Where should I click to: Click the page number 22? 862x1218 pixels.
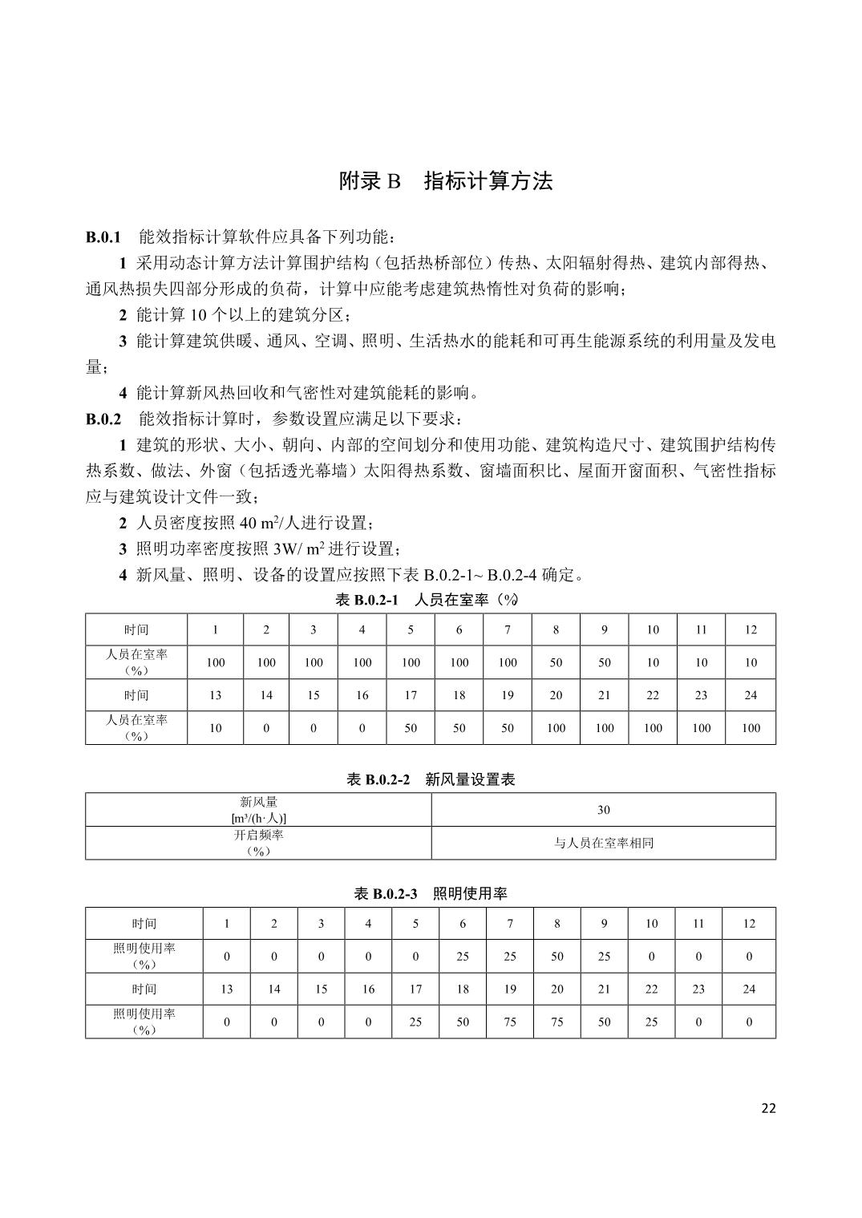tap(768, 1108)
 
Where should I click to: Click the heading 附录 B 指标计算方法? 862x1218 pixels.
tap(446, 181)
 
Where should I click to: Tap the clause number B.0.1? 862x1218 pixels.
tap(103, 237)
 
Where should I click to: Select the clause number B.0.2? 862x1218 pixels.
tap(103, 419)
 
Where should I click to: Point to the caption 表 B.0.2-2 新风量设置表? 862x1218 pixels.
tap(431, 779)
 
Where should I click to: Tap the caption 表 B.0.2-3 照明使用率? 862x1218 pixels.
tap(431, 893)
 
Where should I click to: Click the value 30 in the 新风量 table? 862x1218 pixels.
tap(603, 810)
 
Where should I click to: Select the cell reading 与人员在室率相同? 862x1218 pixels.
tap(603, 844)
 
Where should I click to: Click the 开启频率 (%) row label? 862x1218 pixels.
tap(258, 843)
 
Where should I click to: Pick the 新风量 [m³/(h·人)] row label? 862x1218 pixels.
tap(258, 810)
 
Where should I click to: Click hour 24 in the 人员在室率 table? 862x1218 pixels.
tap(751, 695)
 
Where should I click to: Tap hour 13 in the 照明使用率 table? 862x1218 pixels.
tap(227, 989)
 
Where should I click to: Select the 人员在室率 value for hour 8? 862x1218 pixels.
tap(556, 663)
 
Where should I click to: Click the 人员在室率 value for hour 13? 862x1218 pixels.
tap(216, 728)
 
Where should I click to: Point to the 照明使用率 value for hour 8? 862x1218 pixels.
tap(556, 957)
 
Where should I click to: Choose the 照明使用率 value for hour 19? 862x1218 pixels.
tap(510, 1022)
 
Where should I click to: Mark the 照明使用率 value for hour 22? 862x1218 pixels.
tap(651, 1022)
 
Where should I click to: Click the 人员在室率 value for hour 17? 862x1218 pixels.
tap(411, 728)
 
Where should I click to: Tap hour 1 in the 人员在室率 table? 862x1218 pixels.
tap(216, 630)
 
